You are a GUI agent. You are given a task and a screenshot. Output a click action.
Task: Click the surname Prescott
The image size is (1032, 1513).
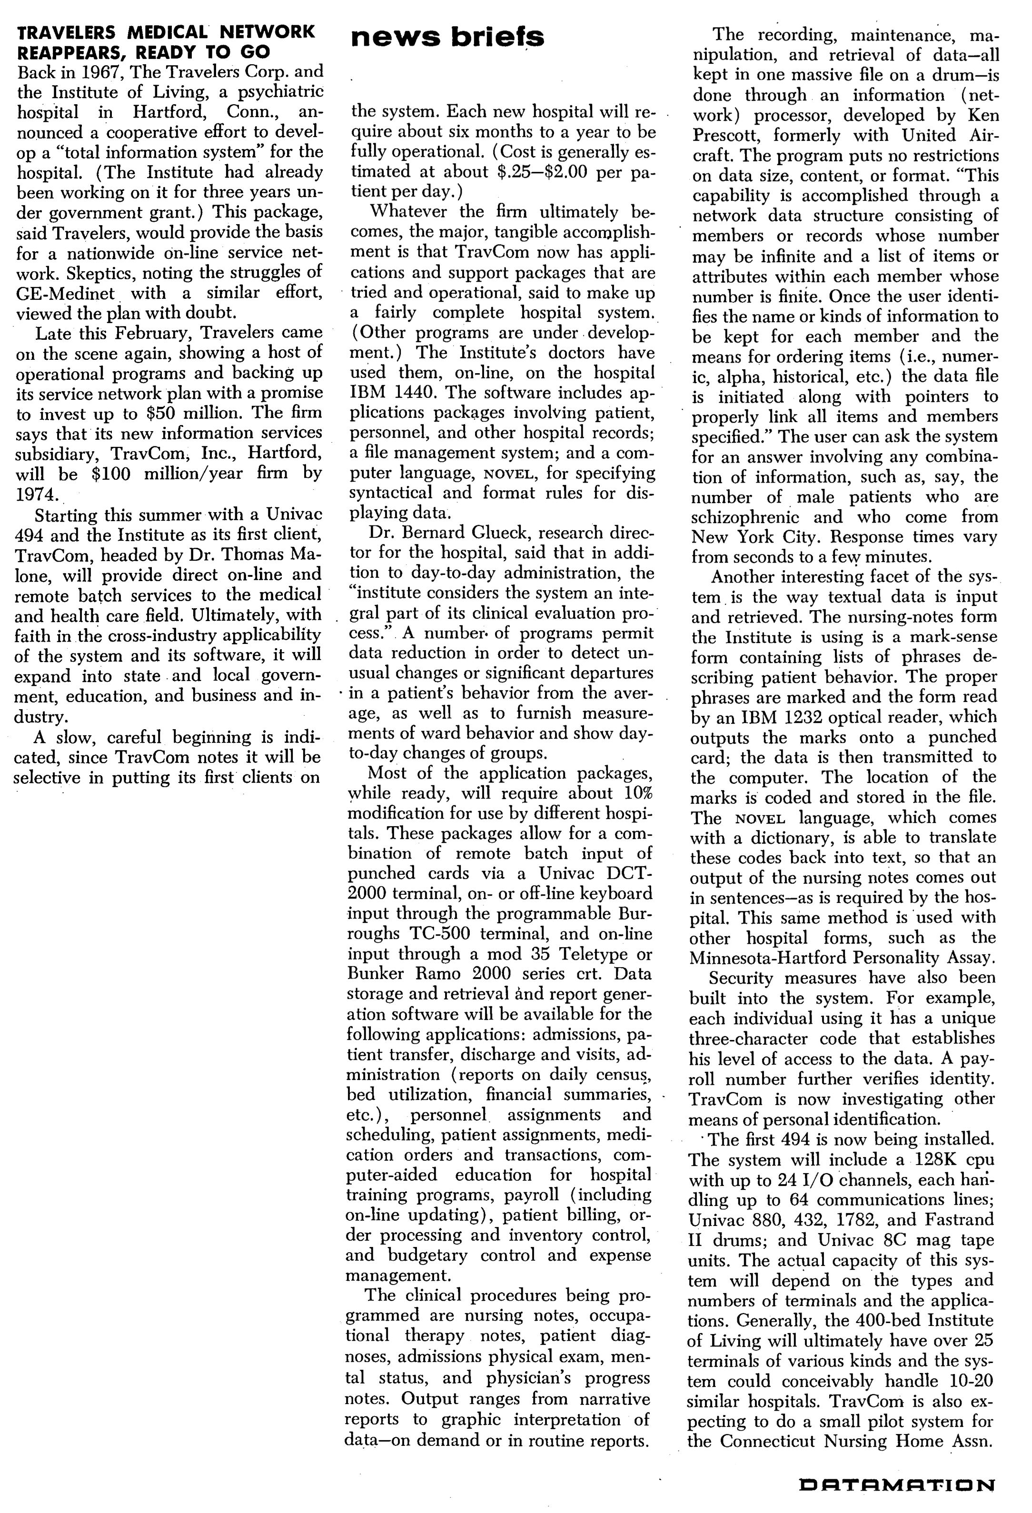(x=728, y=136)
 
